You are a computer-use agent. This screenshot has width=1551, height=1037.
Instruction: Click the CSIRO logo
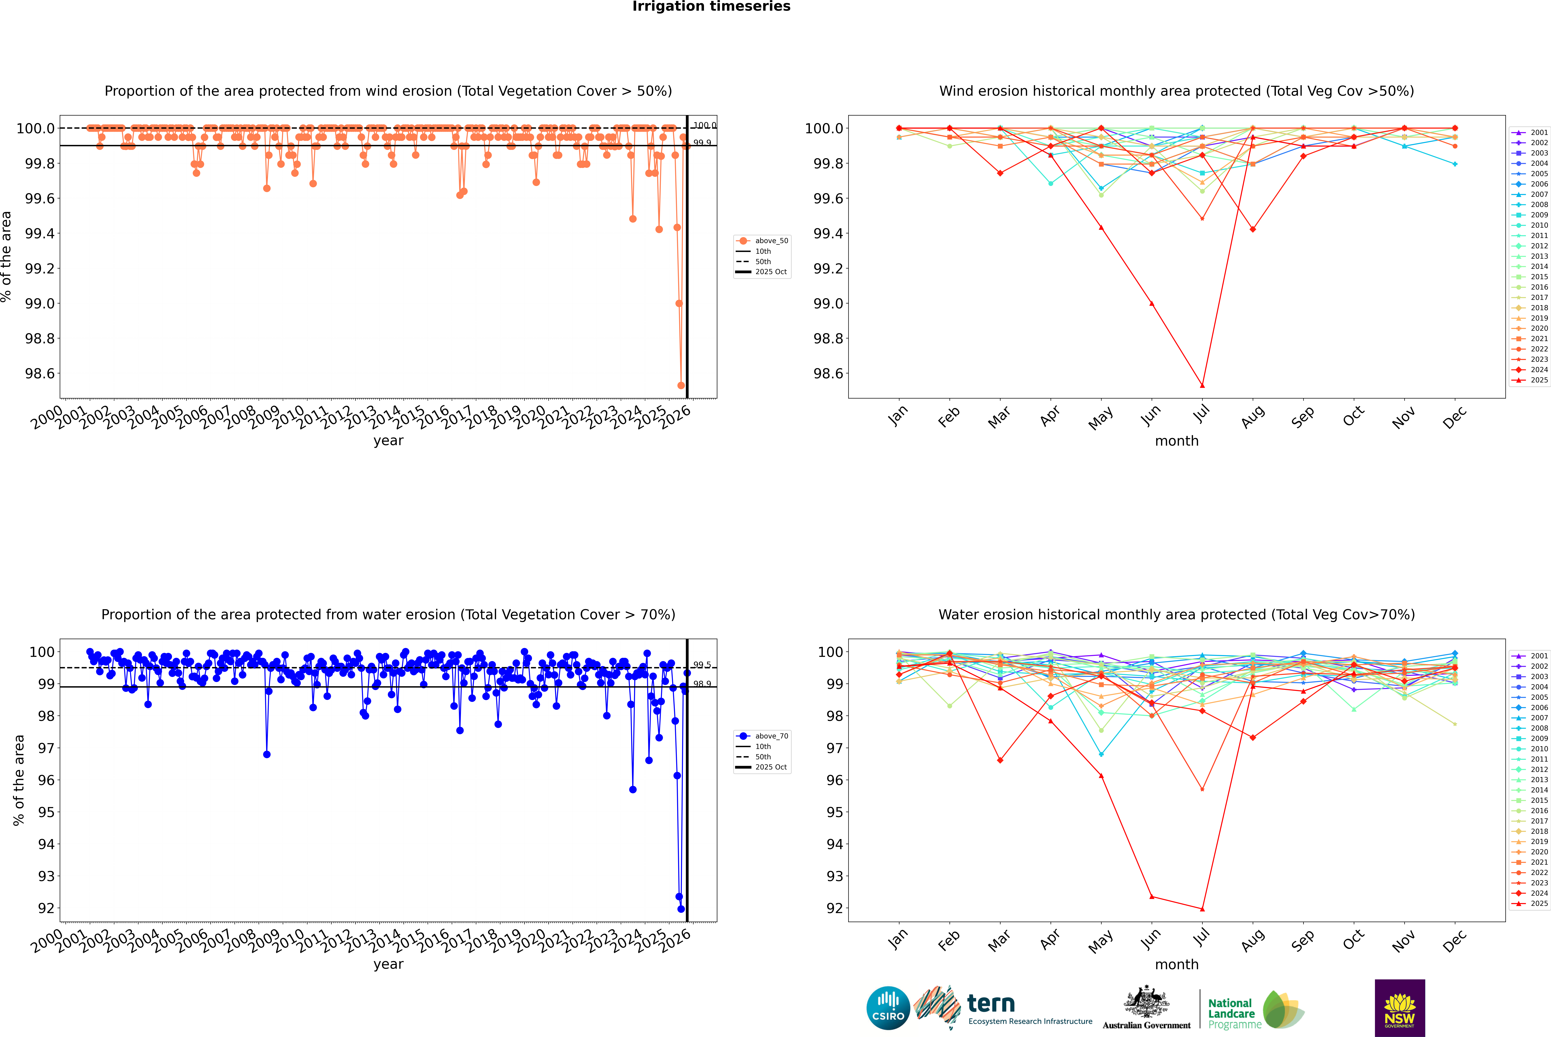tap(888, 1008)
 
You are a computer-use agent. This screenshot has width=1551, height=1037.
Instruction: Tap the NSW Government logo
tap(1400, 1008)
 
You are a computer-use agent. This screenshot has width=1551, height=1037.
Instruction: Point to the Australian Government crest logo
tap(1146, 1008)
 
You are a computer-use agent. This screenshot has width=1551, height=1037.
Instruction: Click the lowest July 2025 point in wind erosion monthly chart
tap(1202, 386)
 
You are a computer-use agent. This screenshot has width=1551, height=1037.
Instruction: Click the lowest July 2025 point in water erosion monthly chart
tap(1202, 909)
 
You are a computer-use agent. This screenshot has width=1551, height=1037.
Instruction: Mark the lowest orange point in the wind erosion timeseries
tap(681, 386)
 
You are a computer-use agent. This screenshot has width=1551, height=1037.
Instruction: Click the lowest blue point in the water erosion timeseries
tap(681, 909)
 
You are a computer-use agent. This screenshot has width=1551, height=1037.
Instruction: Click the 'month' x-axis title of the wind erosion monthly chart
tap(1176, 441)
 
